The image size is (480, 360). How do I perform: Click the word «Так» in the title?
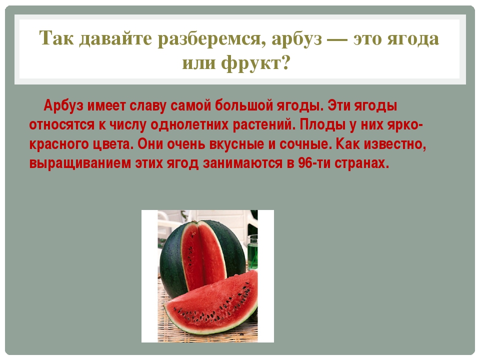pos(56,38)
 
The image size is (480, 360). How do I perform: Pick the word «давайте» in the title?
pos(115,39)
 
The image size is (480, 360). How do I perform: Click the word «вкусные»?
pos(236,144)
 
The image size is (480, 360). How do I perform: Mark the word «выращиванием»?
pos(80,163)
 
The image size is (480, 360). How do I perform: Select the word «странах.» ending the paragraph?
pos(361,163)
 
